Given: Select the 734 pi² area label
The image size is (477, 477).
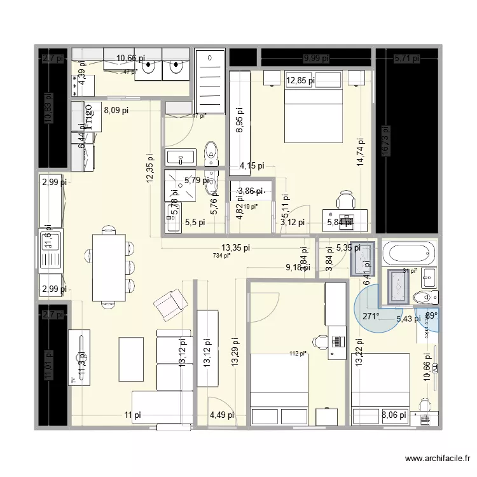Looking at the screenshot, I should (221, 256).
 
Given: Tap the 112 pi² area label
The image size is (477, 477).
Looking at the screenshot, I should (298, 354).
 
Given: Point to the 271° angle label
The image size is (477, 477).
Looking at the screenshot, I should (371, 316).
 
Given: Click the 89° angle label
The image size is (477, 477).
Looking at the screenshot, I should (431, 315).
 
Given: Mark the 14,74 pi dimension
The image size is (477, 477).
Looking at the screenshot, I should (361, 153).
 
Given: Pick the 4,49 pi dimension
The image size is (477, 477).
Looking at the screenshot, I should (222, 415).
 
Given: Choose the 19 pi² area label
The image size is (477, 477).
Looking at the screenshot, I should (250, 206).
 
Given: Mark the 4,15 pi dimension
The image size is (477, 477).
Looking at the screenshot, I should (251, 167).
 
